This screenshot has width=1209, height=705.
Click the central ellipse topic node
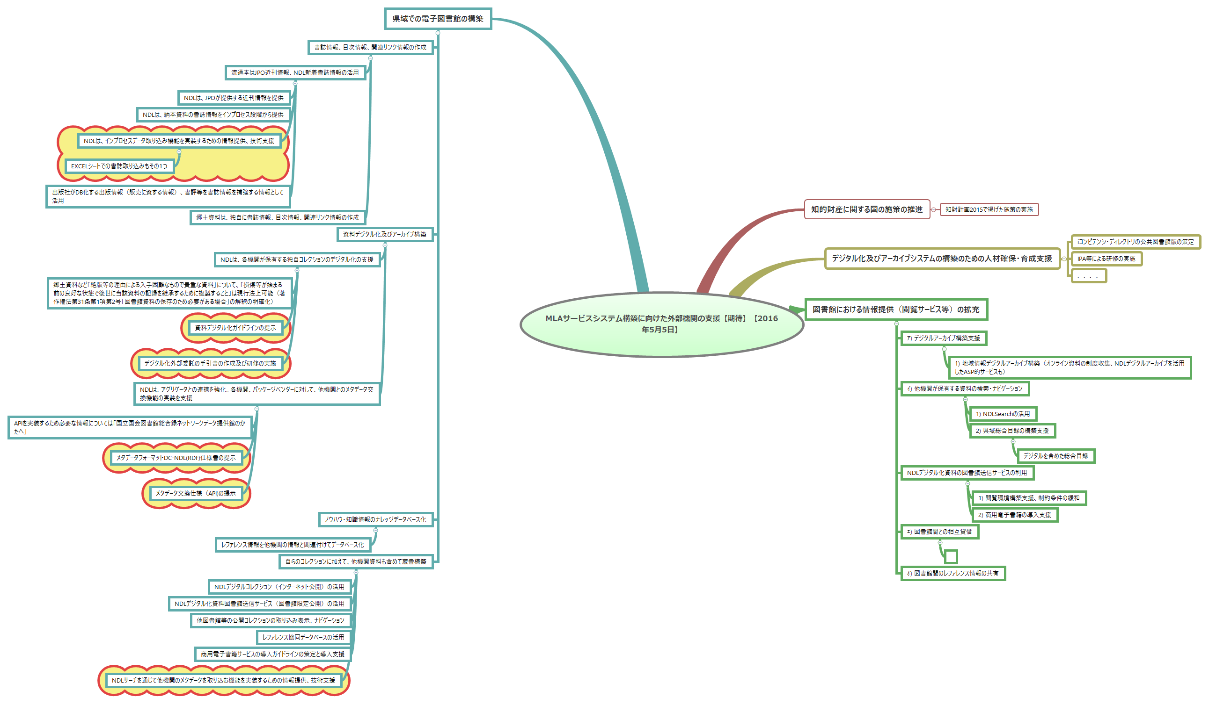coord(661,324)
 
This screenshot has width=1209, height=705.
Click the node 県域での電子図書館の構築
coord(438,19)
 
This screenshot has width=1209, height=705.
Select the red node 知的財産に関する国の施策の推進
coord(866,209)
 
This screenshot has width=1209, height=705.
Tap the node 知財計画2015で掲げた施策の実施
coord(989,209)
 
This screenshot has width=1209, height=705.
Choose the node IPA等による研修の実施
coord(1106,259)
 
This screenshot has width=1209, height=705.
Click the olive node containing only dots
coord(1088,276)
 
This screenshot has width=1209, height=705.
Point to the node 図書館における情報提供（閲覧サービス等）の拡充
coord(895,309)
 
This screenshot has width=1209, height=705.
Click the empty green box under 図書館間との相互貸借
coord(951,556)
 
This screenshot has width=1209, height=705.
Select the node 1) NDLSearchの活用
coord(1002,414)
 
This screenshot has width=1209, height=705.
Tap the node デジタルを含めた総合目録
coord(1055,456)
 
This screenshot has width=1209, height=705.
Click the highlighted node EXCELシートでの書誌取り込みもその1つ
coord(119,166)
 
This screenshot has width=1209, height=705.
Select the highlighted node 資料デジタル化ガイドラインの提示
coord(235,328)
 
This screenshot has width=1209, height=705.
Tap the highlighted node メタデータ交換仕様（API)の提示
coord(196,493)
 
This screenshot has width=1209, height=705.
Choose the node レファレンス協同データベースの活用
coord(303,637)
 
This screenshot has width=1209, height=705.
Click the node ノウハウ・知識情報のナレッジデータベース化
coord(375,519)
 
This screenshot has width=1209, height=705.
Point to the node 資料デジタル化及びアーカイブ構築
coord(384,234)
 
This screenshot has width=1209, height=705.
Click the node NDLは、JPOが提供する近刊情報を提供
coord(234,98)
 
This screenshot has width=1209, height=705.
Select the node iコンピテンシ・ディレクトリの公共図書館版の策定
coord(1135,242)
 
